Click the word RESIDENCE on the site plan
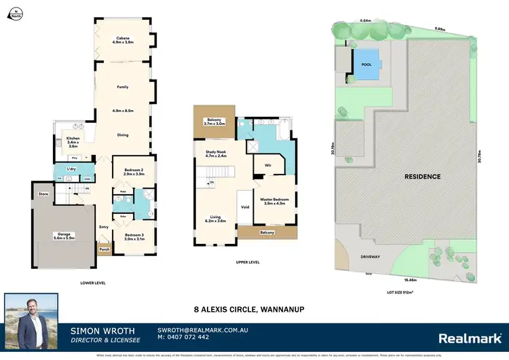(423, 177)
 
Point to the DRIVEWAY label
(369, 257)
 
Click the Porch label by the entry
(105, 249)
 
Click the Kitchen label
(73, 142)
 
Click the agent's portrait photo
(32, 317)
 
